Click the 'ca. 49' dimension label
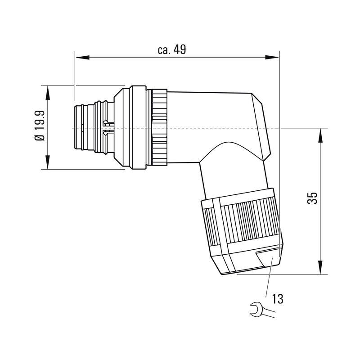coord(171,49)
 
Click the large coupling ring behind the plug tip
coord(130,128)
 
